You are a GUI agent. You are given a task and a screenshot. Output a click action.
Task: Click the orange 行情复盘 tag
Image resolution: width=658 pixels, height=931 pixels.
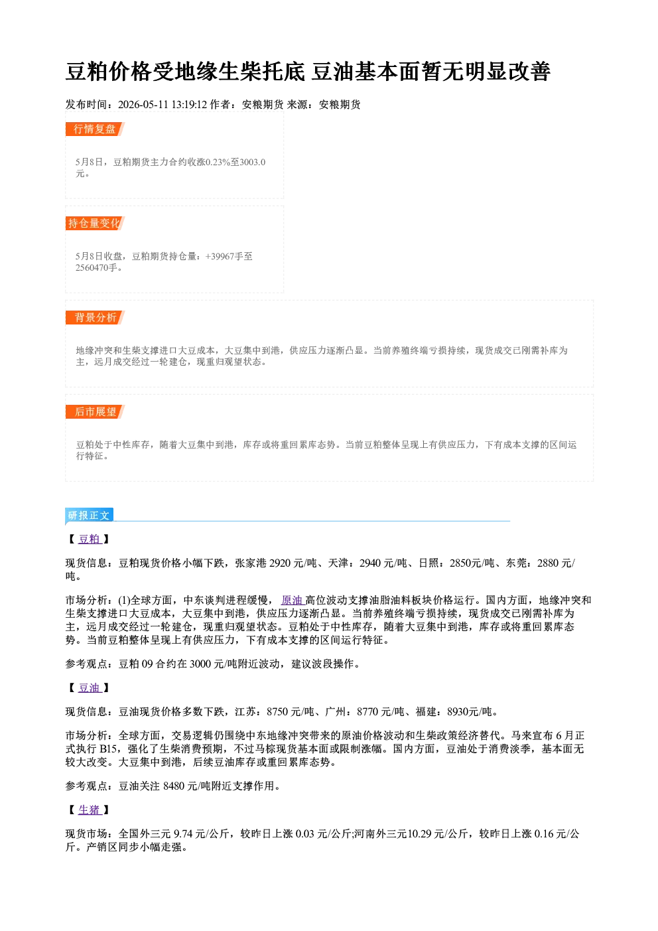(95, 129)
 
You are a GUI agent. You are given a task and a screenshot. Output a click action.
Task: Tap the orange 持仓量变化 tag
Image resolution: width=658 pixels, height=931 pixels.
(95, 224)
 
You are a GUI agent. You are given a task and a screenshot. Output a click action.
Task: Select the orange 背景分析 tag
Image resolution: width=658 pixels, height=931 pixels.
(95, 318)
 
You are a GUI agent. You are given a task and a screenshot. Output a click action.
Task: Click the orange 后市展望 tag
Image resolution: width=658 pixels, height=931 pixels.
(95, 412)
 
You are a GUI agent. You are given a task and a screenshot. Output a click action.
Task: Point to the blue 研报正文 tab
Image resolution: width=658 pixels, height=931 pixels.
(89, 516)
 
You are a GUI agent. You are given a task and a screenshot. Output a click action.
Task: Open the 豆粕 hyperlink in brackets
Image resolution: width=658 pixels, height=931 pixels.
(90, 539)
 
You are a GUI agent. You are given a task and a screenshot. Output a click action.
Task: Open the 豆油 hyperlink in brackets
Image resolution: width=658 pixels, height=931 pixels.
(90, 688)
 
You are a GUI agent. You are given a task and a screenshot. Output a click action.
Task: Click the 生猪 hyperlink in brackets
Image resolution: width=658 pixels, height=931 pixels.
(90, 810)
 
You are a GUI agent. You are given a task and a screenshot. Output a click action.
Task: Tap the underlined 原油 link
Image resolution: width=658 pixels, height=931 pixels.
(293, 601)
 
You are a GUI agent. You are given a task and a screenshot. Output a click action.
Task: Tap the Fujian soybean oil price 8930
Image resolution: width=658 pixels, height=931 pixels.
(458, 713)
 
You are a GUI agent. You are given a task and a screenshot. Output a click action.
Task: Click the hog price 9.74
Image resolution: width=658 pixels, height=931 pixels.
(183, 834)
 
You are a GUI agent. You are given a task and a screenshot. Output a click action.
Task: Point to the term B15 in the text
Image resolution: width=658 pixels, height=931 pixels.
(108, 749)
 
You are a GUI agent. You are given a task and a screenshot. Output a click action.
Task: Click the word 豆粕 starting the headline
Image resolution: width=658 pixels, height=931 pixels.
(88, 72)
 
